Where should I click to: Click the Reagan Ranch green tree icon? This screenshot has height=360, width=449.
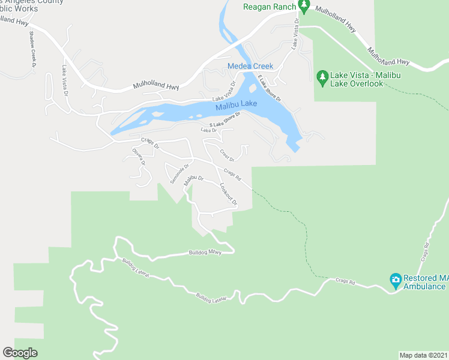click(304, 7)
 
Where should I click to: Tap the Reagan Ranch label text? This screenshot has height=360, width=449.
click(269, 7)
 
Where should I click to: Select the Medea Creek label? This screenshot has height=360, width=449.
click(250, 66)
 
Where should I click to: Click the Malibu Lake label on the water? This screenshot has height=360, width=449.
click(236, 105)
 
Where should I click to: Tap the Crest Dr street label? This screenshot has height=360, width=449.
click(227, 154)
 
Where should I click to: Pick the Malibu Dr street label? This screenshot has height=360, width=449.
click(194, 179)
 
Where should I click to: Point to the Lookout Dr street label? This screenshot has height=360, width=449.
click(229, 194)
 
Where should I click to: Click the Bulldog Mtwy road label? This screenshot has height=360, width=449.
click(205, 252)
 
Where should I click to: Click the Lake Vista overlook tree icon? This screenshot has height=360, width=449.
click(322, 77)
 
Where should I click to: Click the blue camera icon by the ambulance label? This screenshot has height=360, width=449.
click(395, 280)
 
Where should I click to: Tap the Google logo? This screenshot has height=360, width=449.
click(20, 353)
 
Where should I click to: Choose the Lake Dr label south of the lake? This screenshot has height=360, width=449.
click(208, 130)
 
